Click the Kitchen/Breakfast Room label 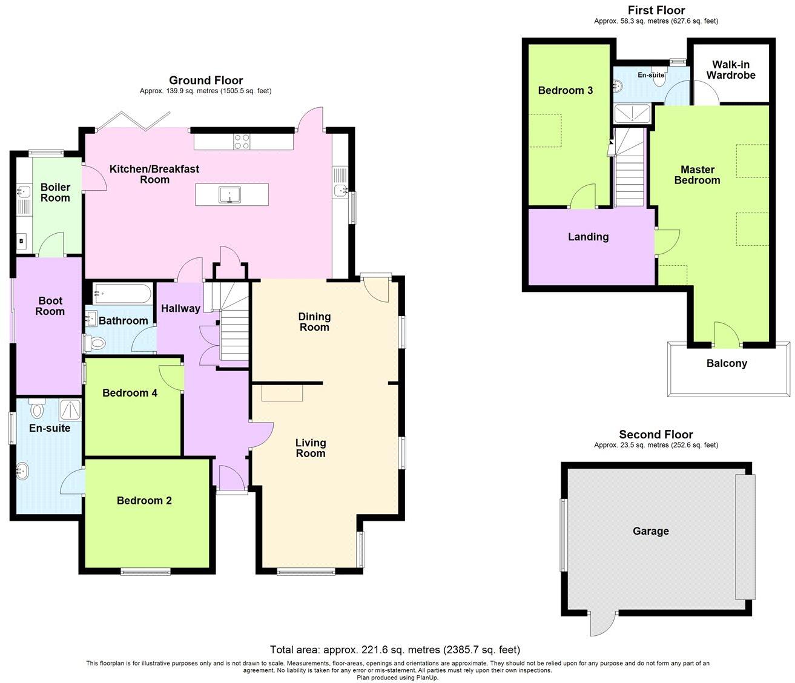(x=154, y=174)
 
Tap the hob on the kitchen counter (x=242, y=141)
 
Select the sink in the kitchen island (x=230, y=195)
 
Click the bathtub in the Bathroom (x=121, y=294)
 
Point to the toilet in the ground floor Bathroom (x=95, y=343)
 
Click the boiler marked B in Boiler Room (x=22, y=242)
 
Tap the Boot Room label (x=50, y=306)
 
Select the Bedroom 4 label (x=130, y=393)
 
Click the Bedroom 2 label (x=144, y=501)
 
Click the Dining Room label (x=314, y=322)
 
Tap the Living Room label (x=310, y=448)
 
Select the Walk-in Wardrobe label (x=730, y=70)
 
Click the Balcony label (x=727, y=363)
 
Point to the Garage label (x=650, y=531)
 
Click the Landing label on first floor (x=588, y=237)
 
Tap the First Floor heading (x=656, y=10)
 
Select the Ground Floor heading (x=206, y=81)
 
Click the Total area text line (x=395, y=650)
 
